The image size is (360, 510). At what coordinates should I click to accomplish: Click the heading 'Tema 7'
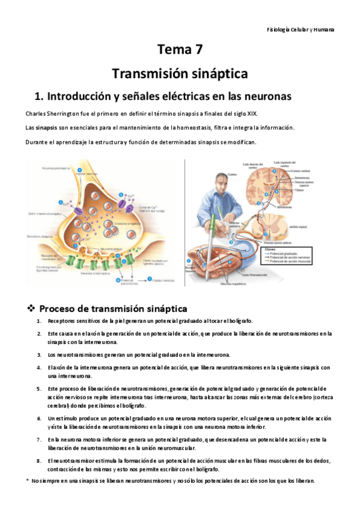[x=180, y=50]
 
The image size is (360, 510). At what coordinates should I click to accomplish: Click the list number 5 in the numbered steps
[x=39, y=389]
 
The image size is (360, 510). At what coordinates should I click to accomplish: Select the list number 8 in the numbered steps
[x=39, y=461]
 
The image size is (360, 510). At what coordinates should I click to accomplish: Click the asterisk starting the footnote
[x=28, y=481]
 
